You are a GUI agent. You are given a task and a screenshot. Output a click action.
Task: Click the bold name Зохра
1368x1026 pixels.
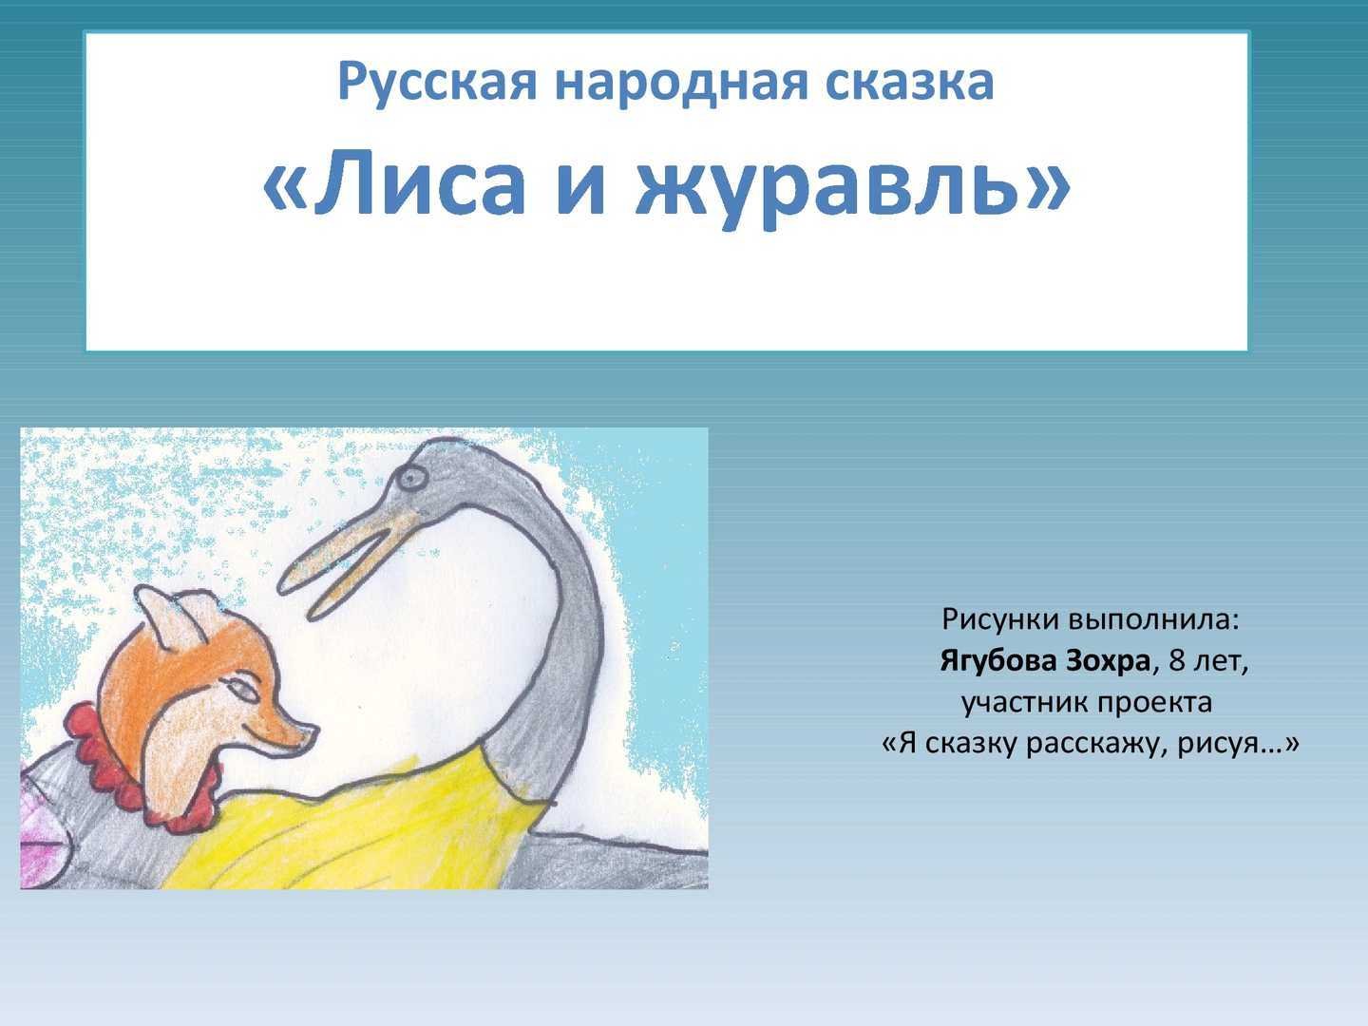coord(1108,661)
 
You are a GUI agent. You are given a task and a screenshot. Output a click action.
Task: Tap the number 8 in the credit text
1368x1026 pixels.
coord(1177,661)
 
